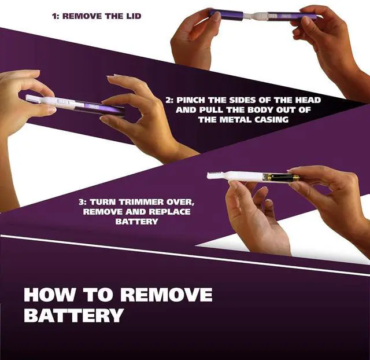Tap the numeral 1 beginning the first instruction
click(x=54, y=16)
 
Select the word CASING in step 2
click(x=271, y=120)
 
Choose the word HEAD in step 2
click(x=308, y=100)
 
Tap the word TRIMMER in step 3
click(x=141, y=202)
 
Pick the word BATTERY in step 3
click(x=136, y=222)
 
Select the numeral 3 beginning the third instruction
click(x=81, y=202)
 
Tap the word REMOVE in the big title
click(x=167, y=295)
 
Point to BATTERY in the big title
click(x=73, y=315)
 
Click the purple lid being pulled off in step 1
click(x=226, y=14)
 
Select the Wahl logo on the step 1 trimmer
click(x=286, y=16)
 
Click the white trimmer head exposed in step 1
click(x=258, y=16)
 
